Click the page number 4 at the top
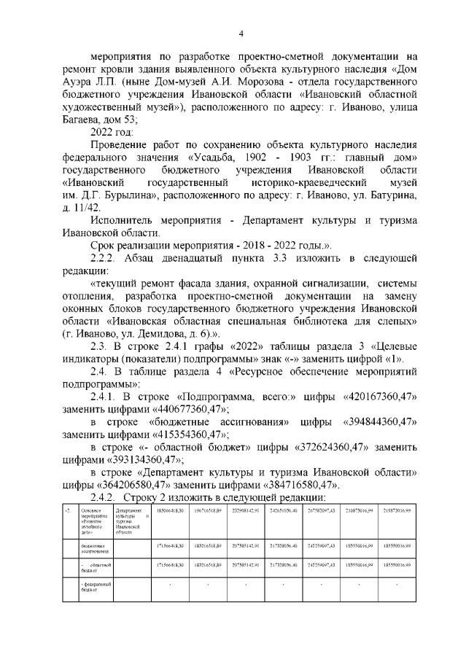click(241, 32)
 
